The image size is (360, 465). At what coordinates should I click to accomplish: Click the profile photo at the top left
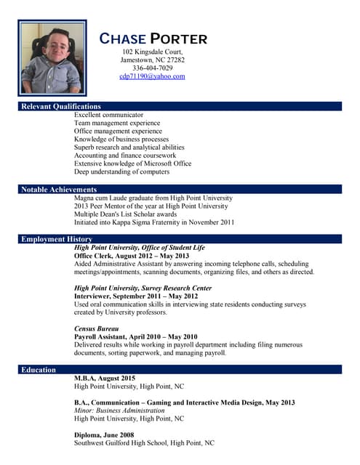[52, 58]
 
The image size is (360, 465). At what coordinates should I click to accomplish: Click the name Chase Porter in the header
[153, 39]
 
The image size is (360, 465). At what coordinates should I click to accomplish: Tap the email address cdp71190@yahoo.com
[153, 76]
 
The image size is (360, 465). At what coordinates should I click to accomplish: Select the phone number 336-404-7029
[153, 68]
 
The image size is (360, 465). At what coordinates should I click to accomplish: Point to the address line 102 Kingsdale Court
[153, 52]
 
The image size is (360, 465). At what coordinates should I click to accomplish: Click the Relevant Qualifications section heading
[60, 107]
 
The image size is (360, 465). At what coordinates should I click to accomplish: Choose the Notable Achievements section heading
[59, 190]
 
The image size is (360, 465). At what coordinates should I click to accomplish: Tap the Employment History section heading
[57, 239]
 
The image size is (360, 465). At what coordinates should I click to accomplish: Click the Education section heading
[39, 370]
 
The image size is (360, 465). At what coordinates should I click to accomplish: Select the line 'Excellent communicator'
[109, 115]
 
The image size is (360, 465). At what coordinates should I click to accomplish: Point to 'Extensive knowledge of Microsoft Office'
[132, 163]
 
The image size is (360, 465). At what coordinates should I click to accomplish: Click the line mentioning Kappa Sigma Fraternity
[154, 222]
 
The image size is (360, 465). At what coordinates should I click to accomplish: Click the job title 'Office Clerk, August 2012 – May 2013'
[132, 256]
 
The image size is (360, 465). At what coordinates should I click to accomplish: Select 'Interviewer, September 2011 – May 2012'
[136, 296]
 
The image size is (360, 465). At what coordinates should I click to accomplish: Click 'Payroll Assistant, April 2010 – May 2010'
[136, 337]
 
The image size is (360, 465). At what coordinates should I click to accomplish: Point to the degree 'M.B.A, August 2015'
[105, 379]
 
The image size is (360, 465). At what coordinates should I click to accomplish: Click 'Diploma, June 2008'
[104, 434]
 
